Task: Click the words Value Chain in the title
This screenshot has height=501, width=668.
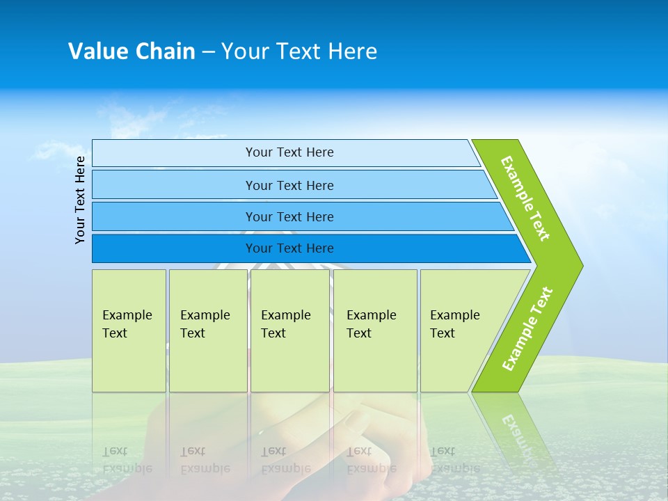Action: (x=132, y=51)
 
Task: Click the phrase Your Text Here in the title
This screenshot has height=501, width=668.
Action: (x=299, y=51)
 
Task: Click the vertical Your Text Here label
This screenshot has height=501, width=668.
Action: (x=81, y=200)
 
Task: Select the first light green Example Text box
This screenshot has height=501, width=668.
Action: (x=129, y=331)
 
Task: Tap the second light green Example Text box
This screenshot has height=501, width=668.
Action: (x=207, y=331)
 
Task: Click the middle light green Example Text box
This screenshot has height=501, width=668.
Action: (x=289, y=331)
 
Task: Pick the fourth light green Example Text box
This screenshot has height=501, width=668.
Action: (x=375, y=331)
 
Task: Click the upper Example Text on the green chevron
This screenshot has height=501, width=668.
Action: (x=525, y=198)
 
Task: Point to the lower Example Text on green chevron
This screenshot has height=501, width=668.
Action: (x=527, y=328)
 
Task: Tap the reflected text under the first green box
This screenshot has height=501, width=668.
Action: (x=127, y=460)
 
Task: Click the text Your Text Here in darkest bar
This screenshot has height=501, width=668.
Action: (x=289, y=248)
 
